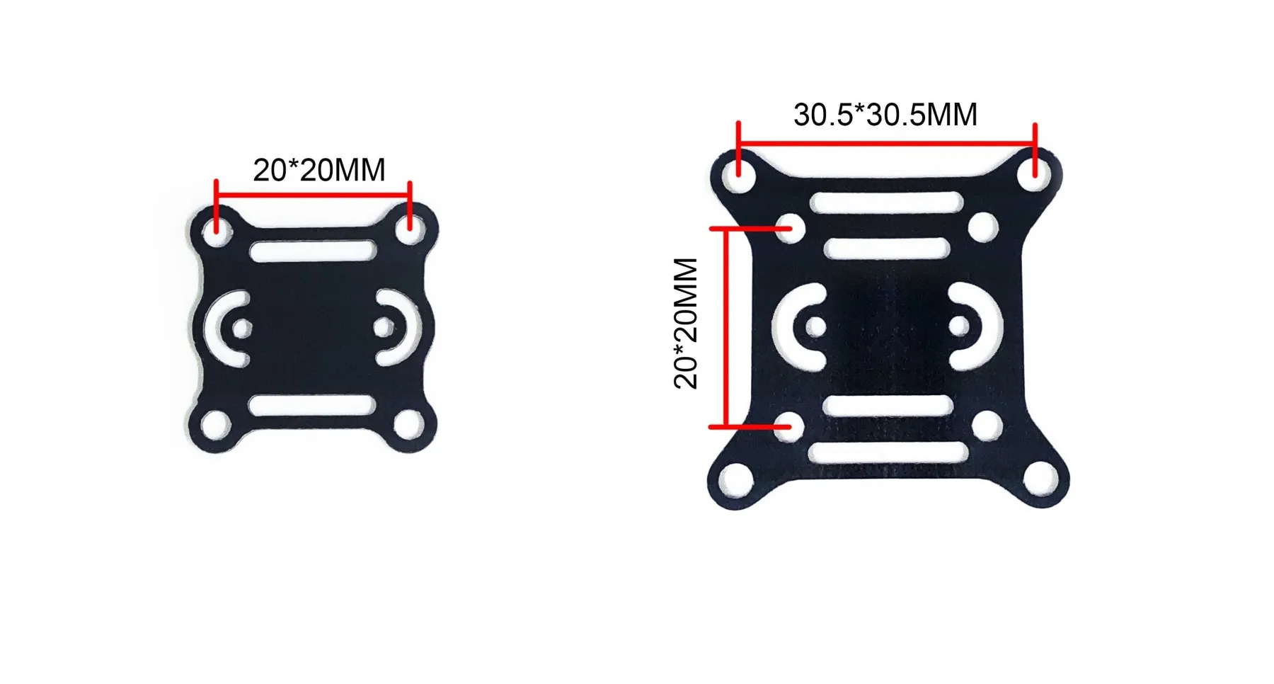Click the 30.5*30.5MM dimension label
click(x=885, y=115)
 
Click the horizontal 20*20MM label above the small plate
click(x=319, y=170)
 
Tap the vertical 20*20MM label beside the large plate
click(x=686, y=323)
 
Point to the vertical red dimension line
click(x=725, y=327)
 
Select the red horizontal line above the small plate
click(x=313, y=194)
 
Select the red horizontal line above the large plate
click(x=886, y=144)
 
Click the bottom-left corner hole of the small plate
click(x=215, y=426)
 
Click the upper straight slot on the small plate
click(x=313, y=251)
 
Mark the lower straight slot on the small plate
click(x=312, y=406)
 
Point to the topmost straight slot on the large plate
click(x=887, y=203)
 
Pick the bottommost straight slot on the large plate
click(x=888, y=452)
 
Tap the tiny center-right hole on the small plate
click(x=384, y=327)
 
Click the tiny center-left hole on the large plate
click(x=815, y=326)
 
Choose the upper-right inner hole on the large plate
click(x=982, y=228)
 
